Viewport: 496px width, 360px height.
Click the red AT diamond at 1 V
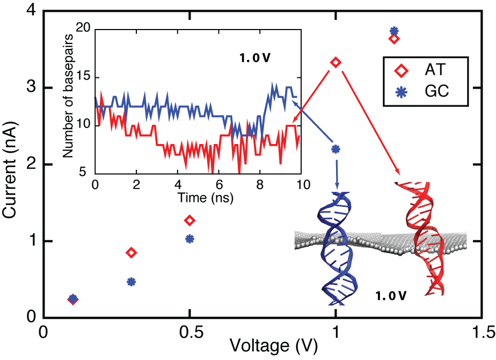tap(335, 62)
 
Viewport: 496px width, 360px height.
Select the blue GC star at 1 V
tap(335, 148)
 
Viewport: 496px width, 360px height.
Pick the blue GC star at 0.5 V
tap(189, 239)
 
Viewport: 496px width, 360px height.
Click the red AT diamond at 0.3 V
tap(131, 253)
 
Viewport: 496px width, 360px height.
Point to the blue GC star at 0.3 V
tap(131, 282)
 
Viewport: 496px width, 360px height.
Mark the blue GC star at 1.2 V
tap(394, 31)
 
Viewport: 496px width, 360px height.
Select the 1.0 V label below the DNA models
tap(391, 296)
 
